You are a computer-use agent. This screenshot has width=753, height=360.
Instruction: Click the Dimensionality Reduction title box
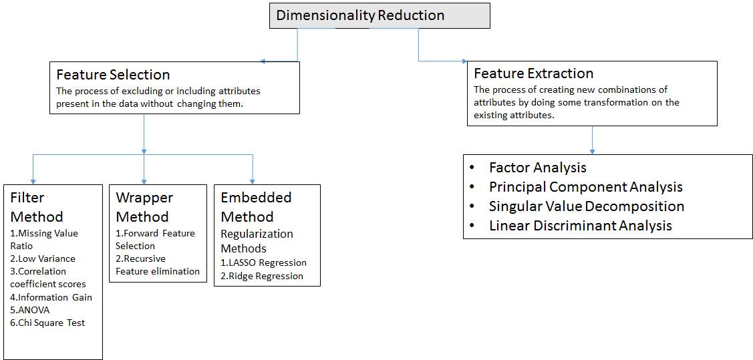(380, 15)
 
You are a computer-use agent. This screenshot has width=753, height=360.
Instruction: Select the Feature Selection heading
(113, 75)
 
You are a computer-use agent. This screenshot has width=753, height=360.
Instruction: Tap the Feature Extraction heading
(533, 73)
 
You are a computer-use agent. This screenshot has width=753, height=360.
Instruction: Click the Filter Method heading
(37, 207)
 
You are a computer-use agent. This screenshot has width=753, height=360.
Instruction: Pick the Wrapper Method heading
(144, 207)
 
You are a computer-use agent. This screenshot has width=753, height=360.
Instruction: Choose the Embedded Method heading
(256, 207)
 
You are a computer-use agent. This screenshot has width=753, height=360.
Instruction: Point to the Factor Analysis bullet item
(537, 168)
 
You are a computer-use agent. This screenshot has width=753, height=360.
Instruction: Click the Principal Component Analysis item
(585, 187)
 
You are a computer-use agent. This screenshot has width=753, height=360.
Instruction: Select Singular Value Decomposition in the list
(586, 206)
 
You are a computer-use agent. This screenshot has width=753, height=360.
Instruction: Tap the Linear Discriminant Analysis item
(580, 226)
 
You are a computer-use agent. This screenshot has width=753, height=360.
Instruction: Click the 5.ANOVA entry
(30, 310)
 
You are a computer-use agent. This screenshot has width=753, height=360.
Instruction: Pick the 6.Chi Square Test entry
(47, 323)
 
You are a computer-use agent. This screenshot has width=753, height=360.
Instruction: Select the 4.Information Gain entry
(51, 297)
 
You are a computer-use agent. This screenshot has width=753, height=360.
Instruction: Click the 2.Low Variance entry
(43, 258)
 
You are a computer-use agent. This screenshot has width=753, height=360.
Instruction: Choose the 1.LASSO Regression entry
(263, 262)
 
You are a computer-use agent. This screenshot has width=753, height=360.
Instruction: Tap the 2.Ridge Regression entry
(262, 276)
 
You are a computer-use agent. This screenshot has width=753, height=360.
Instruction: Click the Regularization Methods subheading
(257, 241)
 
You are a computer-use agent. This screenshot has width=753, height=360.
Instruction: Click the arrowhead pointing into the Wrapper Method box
(144, 180)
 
